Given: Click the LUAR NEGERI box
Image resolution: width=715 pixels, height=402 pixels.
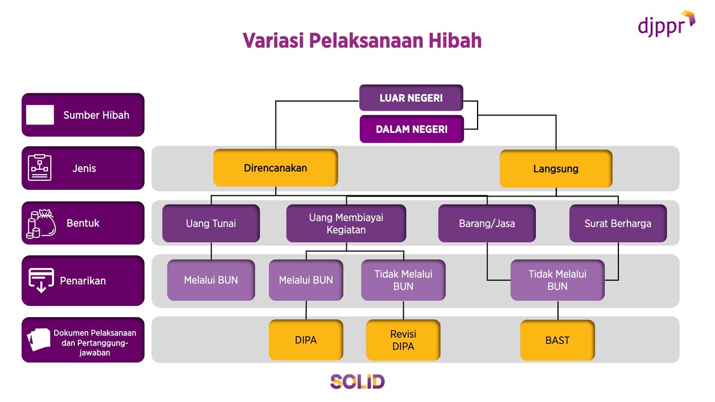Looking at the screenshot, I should pos(411,98).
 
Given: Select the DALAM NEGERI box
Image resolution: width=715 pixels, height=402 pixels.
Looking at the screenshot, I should pos(412,129).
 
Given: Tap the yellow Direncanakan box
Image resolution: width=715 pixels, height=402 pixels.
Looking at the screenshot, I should pos(275,167).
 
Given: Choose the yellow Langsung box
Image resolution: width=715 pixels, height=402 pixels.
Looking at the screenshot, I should pos(556,168).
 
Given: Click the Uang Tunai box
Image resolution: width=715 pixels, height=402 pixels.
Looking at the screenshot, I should pos(211,223).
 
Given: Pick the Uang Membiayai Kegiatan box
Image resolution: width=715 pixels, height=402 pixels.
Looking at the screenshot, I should pos(346,223).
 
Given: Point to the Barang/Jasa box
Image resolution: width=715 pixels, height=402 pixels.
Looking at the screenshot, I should pos(487,223).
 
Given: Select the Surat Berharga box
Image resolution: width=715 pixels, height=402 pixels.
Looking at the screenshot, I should pos(618,223).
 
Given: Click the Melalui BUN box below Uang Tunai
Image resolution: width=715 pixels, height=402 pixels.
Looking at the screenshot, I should pos(211,280).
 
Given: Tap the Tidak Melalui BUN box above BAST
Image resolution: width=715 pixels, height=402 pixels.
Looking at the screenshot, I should pos(557,280).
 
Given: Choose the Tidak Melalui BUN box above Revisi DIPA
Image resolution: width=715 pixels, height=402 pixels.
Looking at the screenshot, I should pos(403,280).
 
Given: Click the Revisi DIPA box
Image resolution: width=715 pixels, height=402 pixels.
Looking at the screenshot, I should pos(403,340).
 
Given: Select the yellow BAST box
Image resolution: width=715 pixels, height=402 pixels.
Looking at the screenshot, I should pos(557,340).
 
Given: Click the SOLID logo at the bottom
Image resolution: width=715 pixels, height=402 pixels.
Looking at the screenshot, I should pos(357,381).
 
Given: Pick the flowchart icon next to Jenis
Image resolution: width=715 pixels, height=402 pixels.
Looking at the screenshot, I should pos(40,167).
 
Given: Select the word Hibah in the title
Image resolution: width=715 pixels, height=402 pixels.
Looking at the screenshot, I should pos(455,41).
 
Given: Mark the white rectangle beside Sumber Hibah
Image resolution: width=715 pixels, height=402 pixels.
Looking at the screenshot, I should pos(40,115).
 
